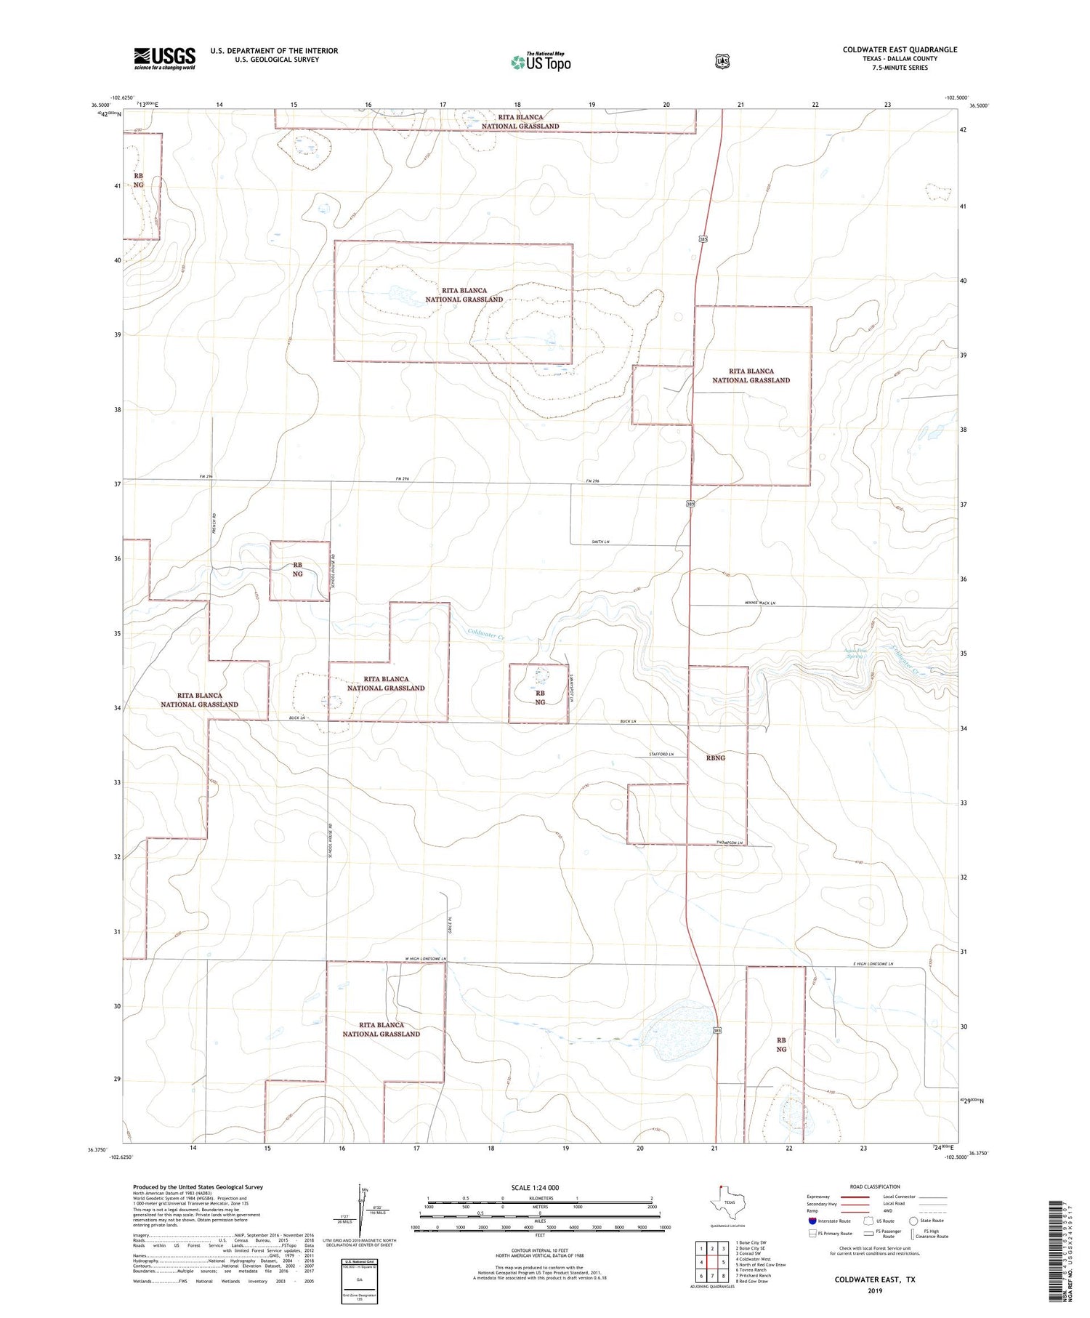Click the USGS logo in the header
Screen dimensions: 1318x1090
164,58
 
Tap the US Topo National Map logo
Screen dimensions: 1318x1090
541,62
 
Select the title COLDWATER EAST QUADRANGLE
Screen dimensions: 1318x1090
900,49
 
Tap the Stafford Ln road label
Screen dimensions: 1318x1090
661,755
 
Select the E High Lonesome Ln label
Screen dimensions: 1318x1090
873,964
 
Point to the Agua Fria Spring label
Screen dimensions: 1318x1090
855,653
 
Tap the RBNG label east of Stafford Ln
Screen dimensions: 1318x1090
715,758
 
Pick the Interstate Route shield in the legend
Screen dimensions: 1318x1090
812,1221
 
